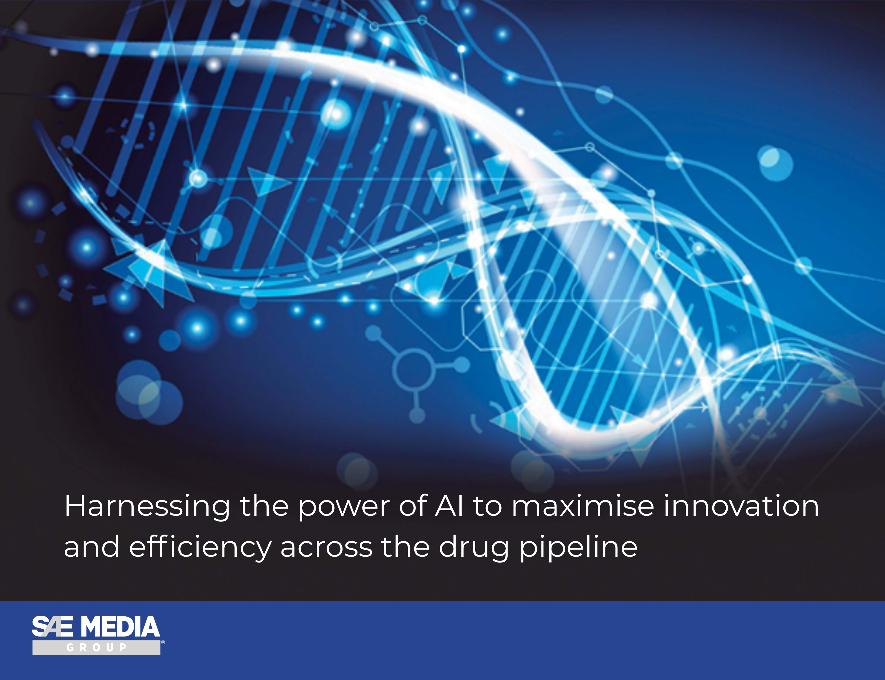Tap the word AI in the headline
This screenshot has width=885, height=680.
[x=449, y=506]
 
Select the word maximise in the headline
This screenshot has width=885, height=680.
[x=583, y=506]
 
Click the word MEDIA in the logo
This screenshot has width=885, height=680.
[x=120, y=627]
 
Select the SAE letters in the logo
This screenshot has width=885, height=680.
[x=52, y=627]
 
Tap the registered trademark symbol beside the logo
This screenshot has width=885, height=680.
[x=163, y=642]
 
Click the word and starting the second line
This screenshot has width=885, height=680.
[x=92, y=546]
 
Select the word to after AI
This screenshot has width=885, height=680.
[x=487, y=506]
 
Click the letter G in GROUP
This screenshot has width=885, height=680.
[x=70, y=648]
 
